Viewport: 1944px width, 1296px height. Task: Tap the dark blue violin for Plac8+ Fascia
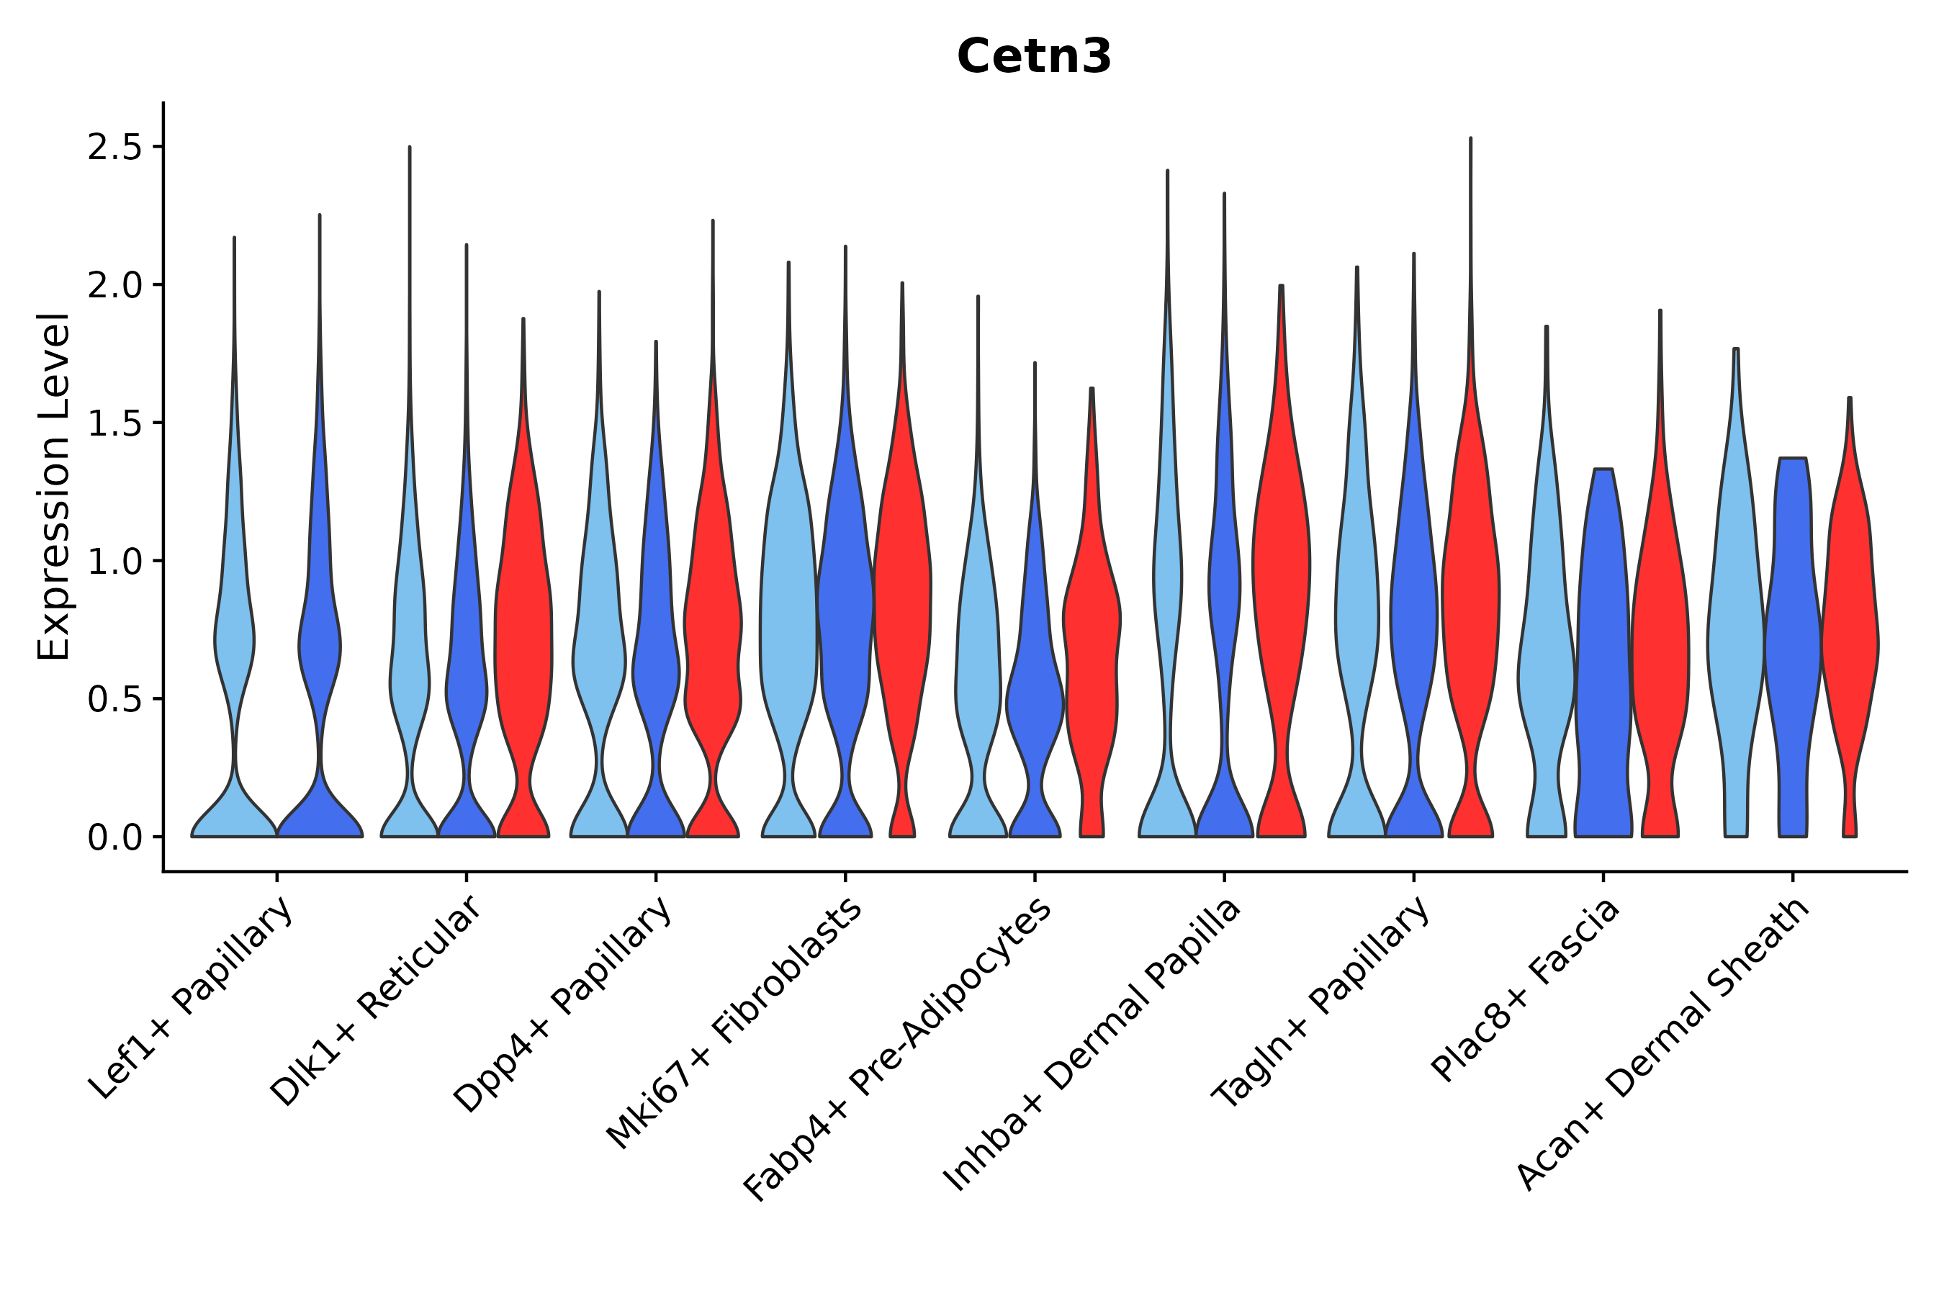[1603, 644]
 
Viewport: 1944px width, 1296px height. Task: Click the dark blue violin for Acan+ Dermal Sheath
[1792, 644]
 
